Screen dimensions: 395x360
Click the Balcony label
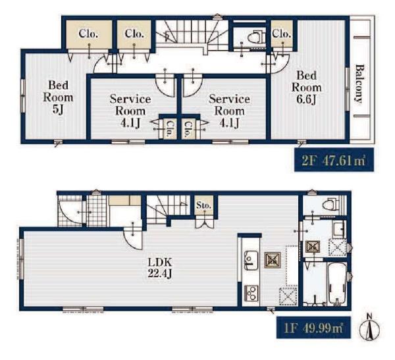(x=359, y=84)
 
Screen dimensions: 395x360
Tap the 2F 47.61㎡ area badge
(x=334, y=160)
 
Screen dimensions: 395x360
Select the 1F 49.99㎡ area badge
(x=313, y=328)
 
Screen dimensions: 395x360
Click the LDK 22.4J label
(x=160, y=267)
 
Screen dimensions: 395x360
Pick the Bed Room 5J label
(x=58, y=97)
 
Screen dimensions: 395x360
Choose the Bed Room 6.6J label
(x=306, y=87)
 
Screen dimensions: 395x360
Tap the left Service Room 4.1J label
(x=130, y=111)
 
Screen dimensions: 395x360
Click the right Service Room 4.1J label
(x=229, y=111)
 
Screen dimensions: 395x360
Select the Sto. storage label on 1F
(x=204, y=205)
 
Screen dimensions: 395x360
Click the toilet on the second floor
(x=255, y=38)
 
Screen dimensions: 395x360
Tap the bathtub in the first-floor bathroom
(x=337, y=284)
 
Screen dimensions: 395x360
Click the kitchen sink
(x=250, y=259)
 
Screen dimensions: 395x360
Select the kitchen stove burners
(x=251, y=293)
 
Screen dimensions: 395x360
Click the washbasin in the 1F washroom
(x=338, y=229)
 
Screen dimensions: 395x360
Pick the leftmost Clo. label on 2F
(x=88, y=34)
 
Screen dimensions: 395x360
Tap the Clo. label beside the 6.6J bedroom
(x=282, y=33)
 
